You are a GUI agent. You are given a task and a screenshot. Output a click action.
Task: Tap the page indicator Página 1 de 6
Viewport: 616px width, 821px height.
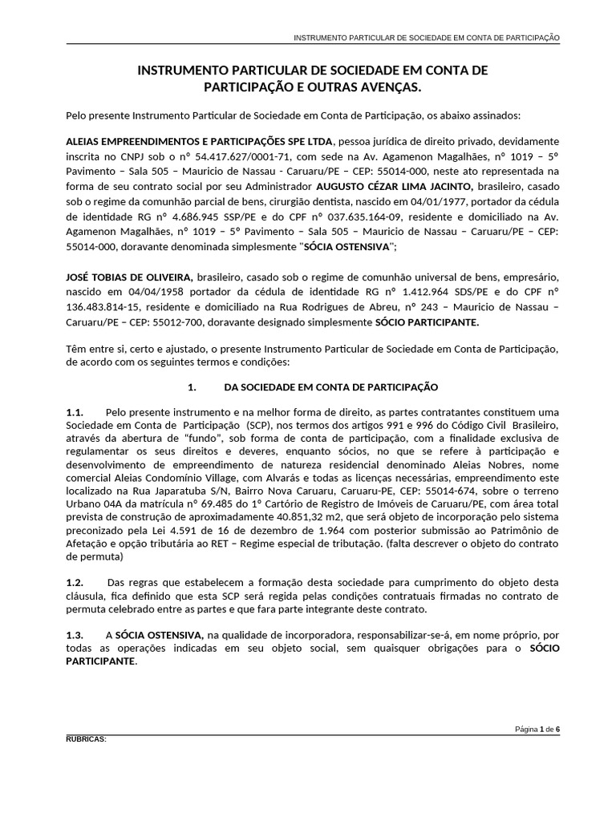pos(537,729)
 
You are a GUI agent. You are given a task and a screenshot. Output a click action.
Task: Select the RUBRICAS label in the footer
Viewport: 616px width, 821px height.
pos(86,738)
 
